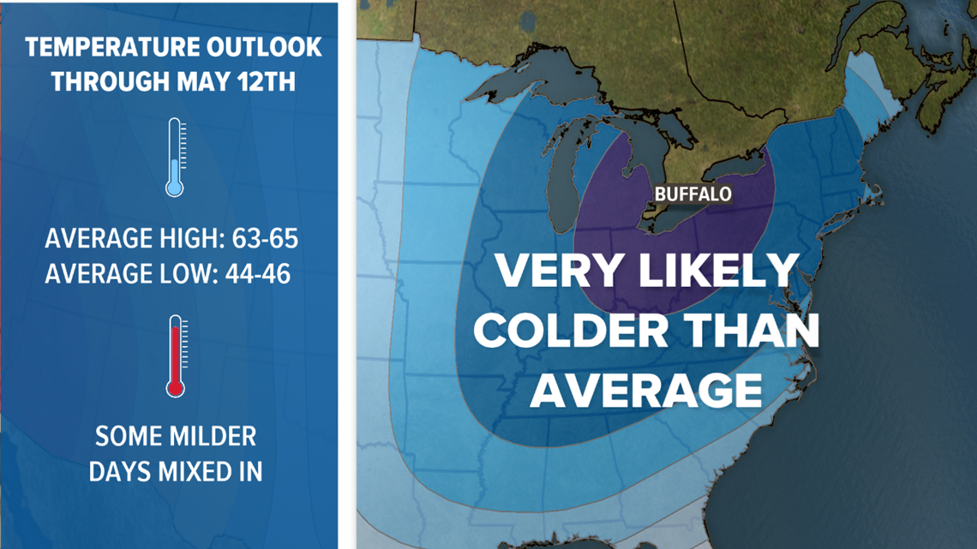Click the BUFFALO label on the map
pyautogui.click(x=692, y=194)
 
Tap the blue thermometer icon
pyautogui.click(x=175, y=158)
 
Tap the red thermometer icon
pyautogui.click(x=176, y=355)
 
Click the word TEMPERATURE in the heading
pyautogui.click(x=105, y=47)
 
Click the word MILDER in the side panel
pyautogui.click(x=208, y=436)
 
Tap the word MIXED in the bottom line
pyautogui.click(x=194, y=472)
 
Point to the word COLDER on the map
pyautogui.click(x=561, y=331)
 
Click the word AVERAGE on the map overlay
pyautogui.click(x=646, y=390)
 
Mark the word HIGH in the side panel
pyautogui.click(x=184, y=237)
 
